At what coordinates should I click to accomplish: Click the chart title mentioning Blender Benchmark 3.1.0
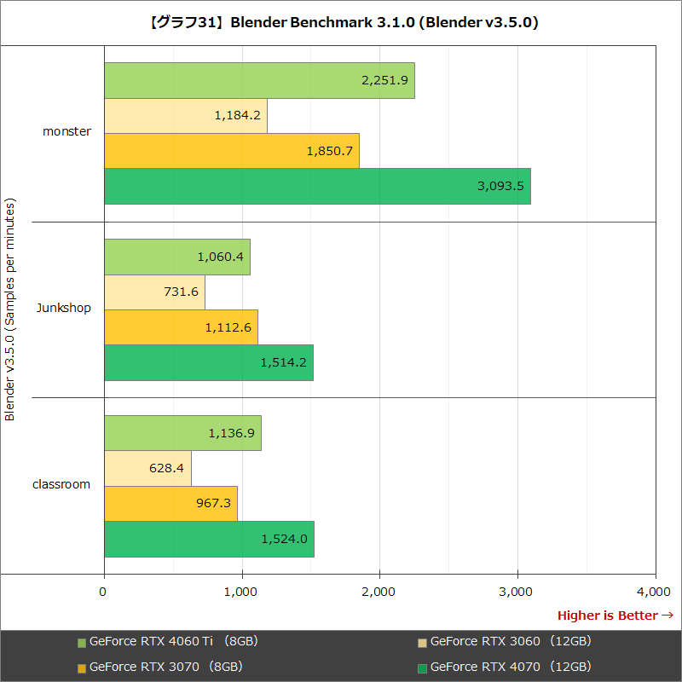coord(341,23)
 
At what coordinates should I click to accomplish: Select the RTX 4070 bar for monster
coord(317,186)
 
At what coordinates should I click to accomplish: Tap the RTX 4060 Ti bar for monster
coord(259,80)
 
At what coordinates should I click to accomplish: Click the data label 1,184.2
coord(238,115)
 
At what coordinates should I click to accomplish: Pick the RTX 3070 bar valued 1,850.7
coord(231,151)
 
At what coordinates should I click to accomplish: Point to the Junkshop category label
coord(64,308)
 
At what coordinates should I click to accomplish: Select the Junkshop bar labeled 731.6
coord(154,292)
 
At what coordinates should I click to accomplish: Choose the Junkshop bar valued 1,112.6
coord(181,327)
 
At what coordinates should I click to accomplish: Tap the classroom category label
coord(61,484)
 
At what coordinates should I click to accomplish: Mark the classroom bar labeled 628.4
coord(147,468)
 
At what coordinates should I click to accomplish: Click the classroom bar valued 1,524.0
coord(209,539)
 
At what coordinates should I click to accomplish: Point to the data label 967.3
coord(213,503)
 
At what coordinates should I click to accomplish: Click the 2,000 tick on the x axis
coord(379,591)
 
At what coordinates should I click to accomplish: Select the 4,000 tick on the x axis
coord(654,591)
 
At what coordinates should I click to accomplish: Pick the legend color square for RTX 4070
coord(422,668)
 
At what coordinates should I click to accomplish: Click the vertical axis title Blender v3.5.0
coord(10,310)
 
